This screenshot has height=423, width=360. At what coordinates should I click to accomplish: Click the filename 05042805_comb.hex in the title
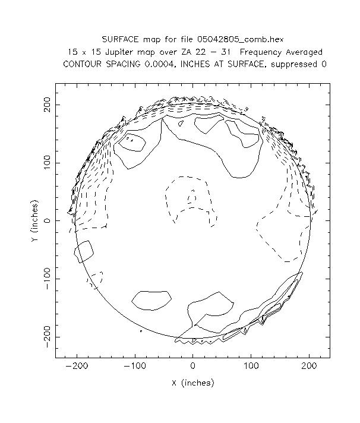[244, 39]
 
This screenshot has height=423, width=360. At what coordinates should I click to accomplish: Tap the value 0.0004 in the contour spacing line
[160, 64]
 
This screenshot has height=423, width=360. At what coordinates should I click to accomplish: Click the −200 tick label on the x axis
[77, 367]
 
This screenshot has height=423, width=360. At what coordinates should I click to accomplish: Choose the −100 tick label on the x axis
[135, 367]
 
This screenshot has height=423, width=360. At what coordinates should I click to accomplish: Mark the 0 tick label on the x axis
[192, 367]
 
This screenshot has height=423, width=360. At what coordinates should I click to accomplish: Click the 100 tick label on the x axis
[250, 367]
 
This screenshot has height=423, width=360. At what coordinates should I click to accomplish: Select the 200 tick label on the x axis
[308, 367]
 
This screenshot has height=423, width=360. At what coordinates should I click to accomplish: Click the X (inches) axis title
[192, 383]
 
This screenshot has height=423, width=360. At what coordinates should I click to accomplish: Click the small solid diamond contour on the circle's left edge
[84, 251]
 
